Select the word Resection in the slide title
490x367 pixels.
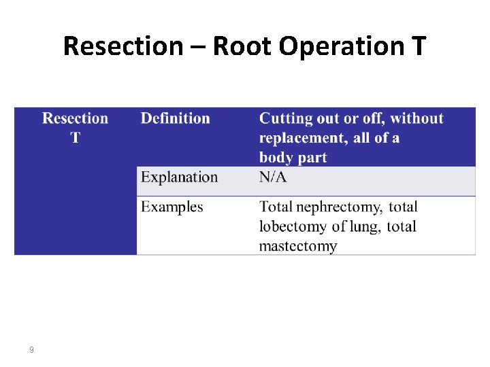(123, 46)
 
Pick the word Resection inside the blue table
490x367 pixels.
(75, 118)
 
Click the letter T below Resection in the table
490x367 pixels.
(75, 137)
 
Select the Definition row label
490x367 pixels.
(175, 118)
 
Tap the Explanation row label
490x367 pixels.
(179, 177)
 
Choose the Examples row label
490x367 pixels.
(171, 207)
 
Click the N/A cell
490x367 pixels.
(273, 177)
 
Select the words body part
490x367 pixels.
(293, 158)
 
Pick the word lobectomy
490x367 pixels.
(291, 226)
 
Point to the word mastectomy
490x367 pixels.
(298, 245)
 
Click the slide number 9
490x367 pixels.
(31, 350)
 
